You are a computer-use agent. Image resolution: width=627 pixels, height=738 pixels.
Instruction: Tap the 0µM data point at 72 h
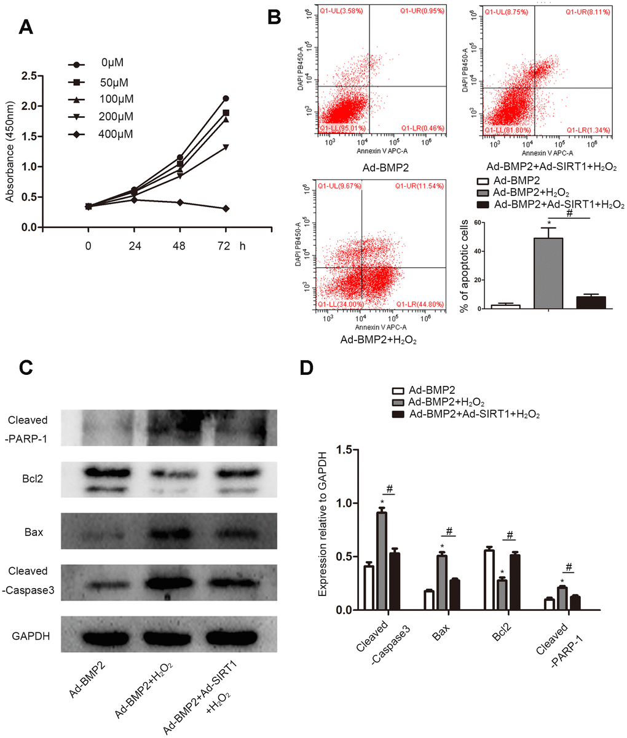(226, 98)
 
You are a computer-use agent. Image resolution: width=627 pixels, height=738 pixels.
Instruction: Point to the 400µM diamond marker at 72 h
(226, 209)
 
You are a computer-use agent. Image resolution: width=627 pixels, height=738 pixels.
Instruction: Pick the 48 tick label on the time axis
(179, 246)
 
